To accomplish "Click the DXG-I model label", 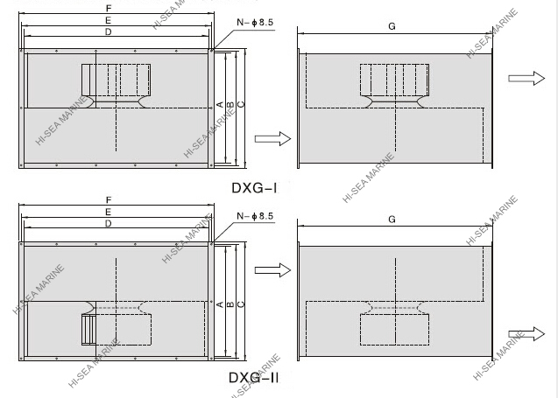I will click(254, 186).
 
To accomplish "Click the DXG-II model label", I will click(254, 378).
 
